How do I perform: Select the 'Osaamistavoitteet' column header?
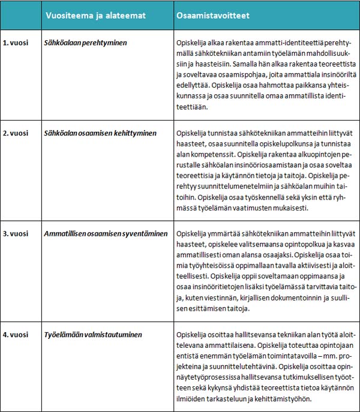click(x=214, y=16)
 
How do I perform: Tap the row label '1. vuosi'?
click(x=15, y=44)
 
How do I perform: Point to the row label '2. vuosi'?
click(x=15, y=134)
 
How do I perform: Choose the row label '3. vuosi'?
click(x=15, y=234)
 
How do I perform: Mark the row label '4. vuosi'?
click(x=15, y=333)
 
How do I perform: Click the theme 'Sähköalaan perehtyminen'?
click(x=85, y=44)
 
